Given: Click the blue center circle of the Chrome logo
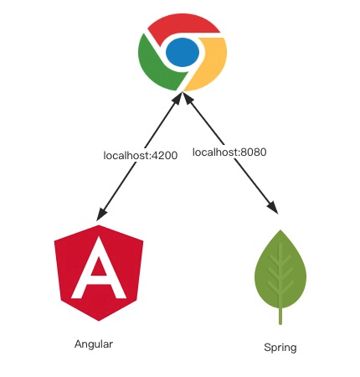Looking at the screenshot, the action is pos(183,52).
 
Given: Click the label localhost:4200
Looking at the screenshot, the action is pos(141,156).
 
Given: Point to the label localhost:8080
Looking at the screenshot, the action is pos(229,152).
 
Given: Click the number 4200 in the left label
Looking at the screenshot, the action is pos(164,156).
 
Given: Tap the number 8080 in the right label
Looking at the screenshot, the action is pos(254,152).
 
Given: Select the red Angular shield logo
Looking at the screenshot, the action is pos(99,273).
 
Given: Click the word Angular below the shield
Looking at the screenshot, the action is pos(94,344).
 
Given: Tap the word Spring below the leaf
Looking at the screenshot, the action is pos(280,348).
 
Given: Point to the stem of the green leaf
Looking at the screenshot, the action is pos(280,316).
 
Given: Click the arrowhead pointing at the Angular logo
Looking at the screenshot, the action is pos(102,214).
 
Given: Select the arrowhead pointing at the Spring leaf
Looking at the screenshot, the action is pos(273,208).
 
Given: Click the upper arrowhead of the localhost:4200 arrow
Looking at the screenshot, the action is pos(177,99).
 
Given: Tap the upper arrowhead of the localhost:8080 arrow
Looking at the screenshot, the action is pos(188,98).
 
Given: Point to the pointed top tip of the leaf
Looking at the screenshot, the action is pos(280,230).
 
